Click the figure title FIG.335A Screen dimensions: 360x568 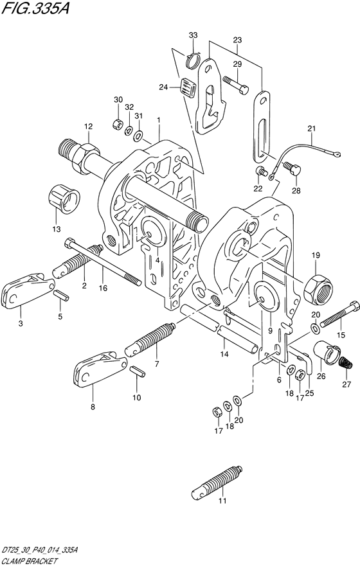point(35,8)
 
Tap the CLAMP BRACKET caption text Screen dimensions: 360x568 point(29,562)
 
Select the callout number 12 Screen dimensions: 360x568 point(89,127)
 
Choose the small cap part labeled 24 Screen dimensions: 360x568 point(188,87)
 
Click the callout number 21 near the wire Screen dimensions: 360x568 point(311,129)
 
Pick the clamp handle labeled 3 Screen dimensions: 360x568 point(27,288)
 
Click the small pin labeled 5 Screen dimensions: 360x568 point(60,295)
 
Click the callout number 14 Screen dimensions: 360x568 point(224,354)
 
